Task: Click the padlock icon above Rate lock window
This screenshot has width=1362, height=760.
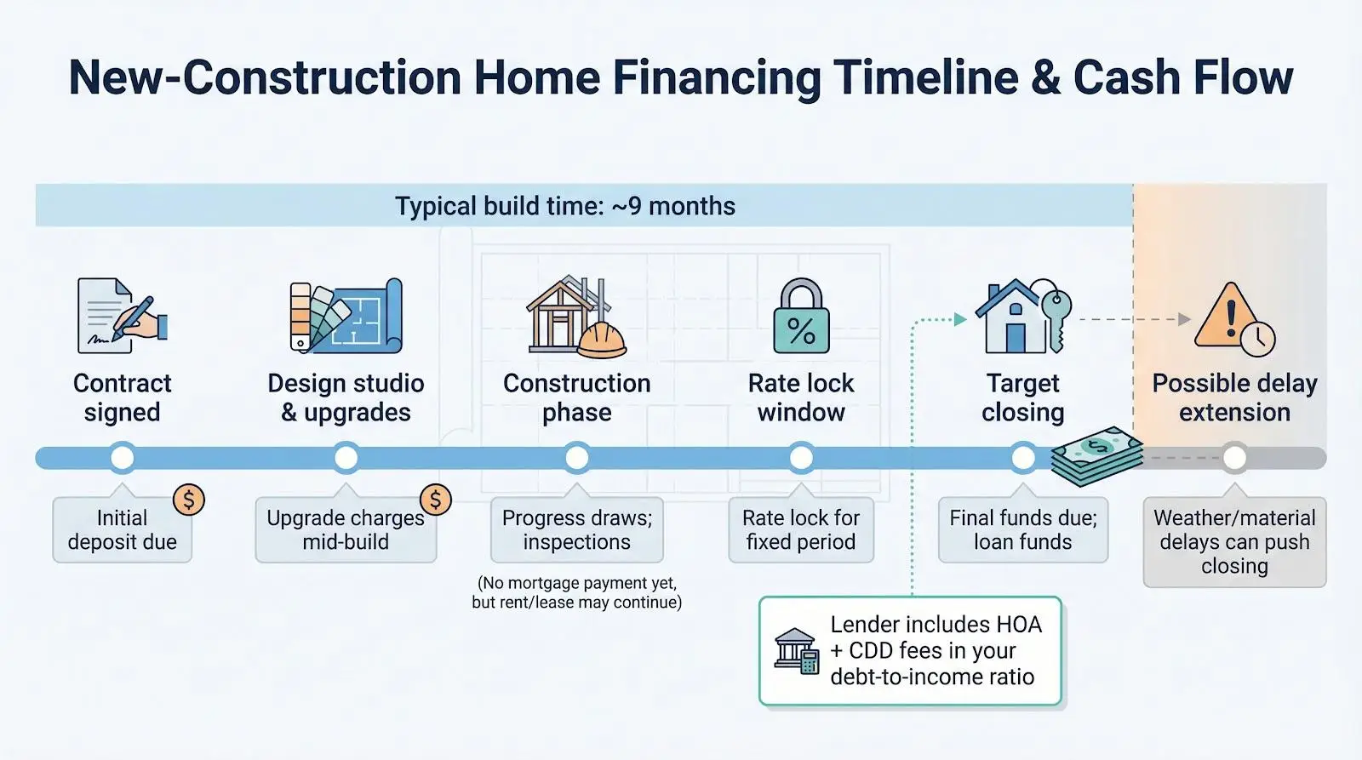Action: (801, 317)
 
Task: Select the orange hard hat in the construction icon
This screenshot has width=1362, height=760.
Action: (602, 341)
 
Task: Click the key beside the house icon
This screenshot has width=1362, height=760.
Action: (1056, 317)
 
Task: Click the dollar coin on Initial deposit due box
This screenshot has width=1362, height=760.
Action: (188, 500)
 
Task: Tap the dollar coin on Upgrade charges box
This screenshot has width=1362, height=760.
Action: (435, 500)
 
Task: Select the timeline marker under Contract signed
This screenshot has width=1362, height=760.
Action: (123, 458)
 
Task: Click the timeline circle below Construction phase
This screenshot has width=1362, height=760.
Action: (577, 458)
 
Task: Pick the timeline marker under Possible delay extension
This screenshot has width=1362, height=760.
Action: (1234, 458)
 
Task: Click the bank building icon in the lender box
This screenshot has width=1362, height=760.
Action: (796, 651)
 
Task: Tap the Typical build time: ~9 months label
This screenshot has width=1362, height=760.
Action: (565, 206)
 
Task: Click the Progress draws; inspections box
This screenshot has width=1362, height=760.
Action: (577, 530)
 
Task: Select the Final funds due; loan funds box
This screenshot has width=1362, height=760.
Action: (1022, 530)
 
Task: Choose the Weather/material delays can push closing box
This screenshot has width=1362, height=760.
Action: (1234, 542)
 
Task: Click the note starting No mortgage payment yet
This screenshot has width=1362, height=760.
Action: (577, 592)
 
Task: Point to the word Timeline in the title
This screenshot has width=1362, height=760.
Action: (925, 77)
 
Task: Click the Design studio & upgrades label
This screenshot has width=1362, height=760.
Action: (346, 397)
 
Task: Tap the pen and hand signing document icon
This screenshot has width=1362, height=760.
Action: (122, 317)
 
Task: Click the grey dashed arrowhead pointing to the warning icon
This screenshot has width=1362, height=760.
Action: (1184, 320)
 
